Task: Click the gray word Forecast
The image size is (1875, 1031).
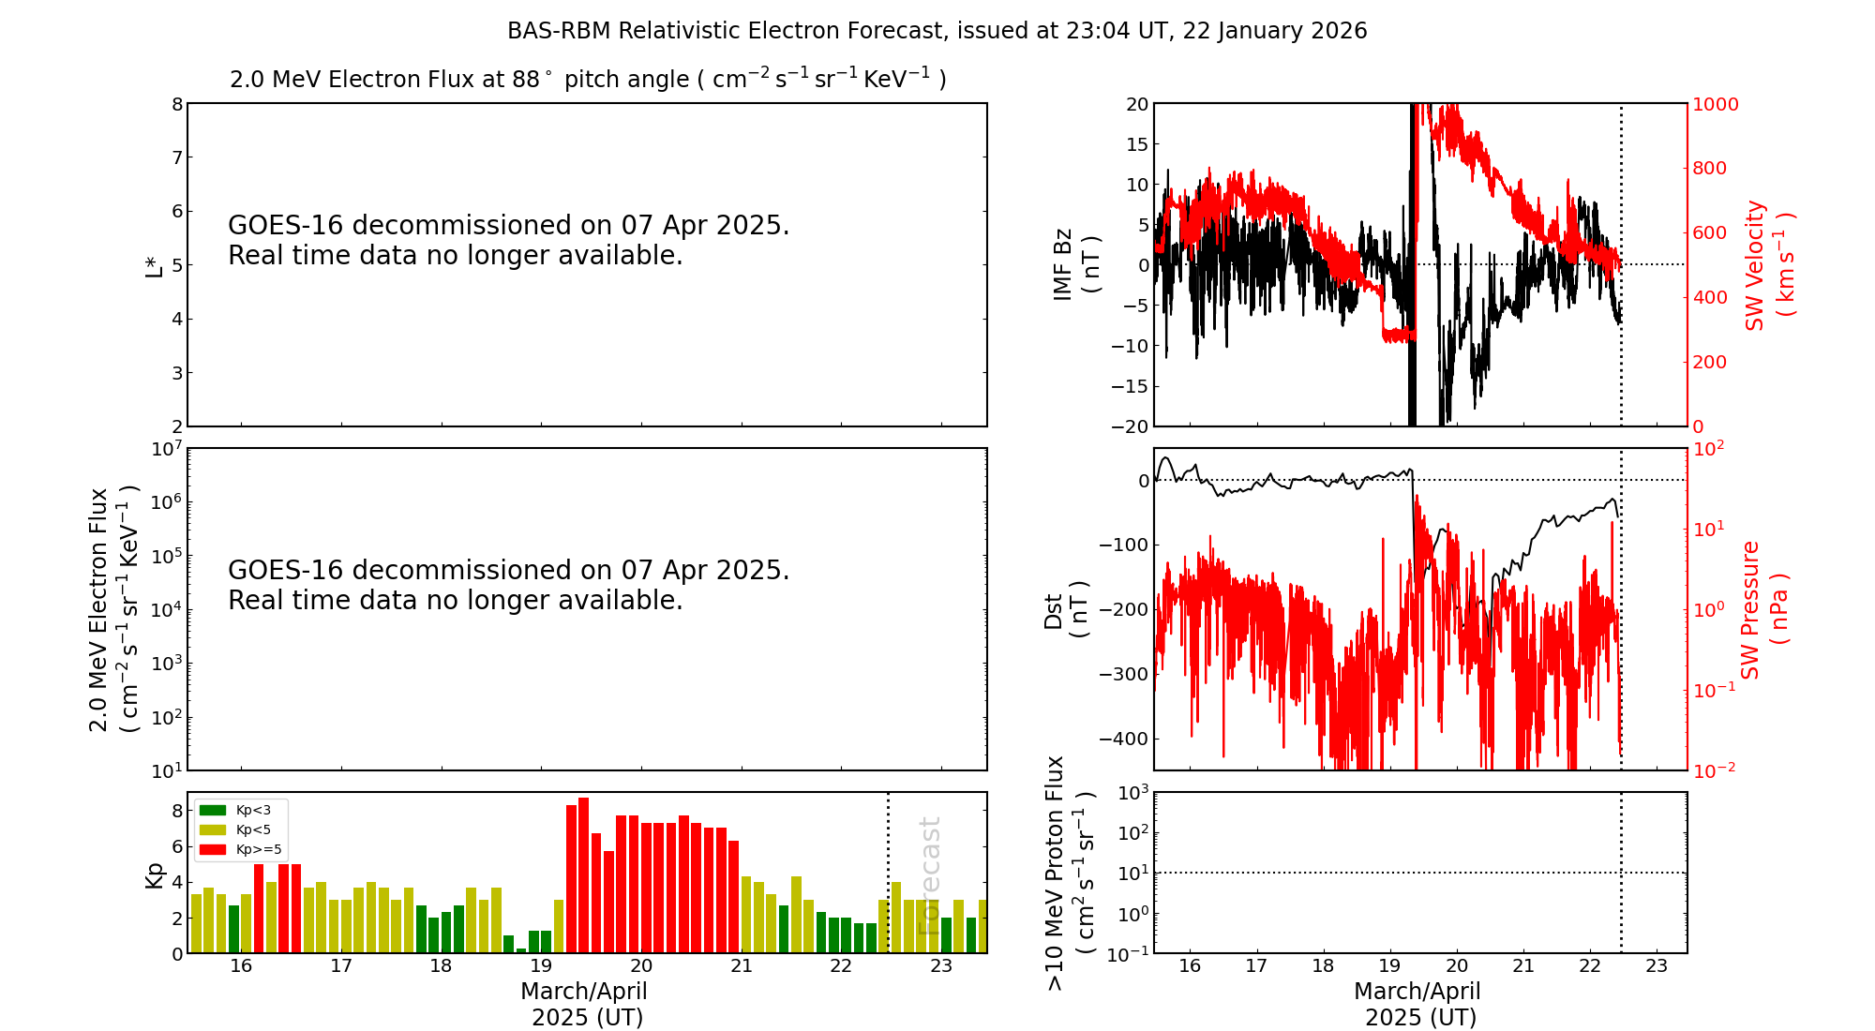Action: tap(929, 875)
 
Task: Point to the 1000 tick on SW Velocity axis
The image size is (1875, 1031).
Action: tap(1715, 104)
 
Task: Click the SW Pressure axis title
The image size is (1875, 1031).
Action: tap(1763, 610)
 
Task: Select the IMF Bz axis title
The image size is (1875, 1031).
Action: tap(1075, 264)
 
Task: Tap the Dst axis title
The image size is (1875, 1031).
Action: tap(1065, 610)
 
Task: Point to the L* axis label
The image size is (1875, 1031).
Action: tap(154, 265)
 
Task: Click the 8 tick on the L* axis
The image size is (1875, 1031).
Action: tap(176, 104)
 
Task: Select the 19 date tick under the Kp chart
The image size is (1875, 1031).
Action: tap(541, 966)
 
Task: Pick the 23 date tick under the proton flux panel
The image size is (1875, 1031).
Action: tap(1657, 966)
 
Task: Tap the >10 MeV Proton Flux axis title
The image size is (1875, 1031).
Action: tap(1069, 873)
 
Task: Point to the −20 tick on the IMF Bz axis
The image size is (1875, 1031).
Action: tap(1130, 426)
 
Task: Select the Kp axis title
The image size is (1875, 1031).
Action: tap(154, 874)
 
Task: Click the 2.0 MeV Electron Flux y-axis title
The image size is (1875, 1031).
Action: tap(112, 610)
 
